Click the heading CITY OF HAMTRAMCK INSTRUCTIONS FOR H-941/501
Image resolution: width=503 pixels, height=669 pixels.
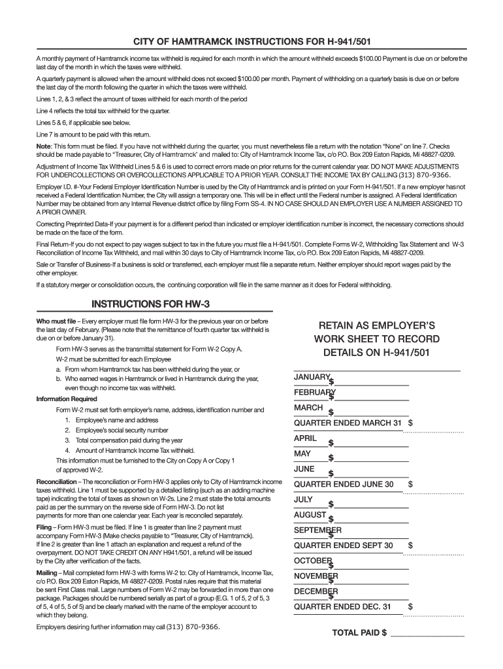[251, 42]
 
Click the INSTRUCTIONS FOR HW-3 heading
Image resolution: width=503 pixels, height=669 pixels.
[150, 304]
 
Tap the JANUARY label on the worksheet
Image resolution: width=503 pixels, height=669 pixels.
[312, 377]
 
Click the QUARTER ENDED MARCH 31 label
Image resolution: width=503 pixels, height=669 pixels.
[348, 423]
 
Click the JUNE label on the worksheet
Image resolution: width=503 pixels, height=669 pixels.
[304, 468]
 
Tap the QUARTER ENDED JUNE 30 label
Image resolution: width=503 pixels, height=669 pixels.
[344, 484]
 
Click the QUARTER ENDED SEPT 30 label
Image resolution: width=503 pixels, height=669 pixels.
[344, 545]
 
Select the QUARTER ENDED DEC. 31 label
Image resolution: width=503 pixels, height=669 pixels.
[342, 606]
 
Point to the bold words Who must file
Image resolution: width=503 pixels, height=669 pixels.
[56, 321]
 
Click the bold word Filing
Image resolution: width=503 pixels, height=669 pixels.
[44, 527]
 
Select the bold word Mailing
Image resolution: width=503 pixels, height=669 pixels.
[46, 572]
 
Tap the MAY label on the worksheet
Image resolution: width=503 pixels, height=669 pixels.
[302, 453]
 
